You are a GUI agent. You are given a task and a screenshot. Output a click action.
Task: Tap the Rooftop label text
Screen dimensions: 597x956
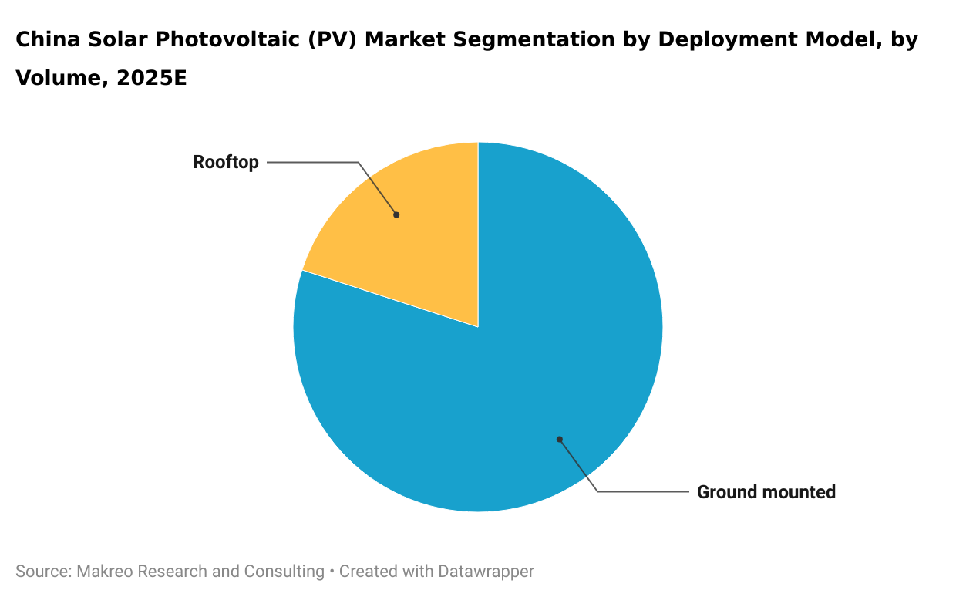pos(225,162)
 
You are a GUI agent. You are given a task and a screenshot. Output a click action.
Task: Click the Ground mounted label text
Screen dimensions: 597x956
pos(766,492)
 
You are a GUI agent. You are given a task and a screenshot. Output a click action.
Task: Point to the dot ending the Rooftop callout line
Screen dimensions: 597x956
pos(396,214)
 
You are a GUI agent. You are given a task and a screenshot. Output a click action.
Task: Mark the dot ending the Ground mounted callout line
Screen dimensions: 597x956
pos(560,440)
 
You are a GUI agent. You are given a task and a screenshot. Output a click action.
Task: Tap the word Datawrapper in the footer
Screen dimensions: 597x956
pos(486,572)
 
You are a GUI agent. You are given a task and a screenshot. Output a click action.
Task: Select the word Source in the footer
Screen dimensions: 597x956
pos(42,572)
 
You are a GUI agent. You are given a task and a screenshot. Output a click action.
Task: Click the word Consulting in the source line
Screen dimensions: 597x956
pos(284,572)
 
